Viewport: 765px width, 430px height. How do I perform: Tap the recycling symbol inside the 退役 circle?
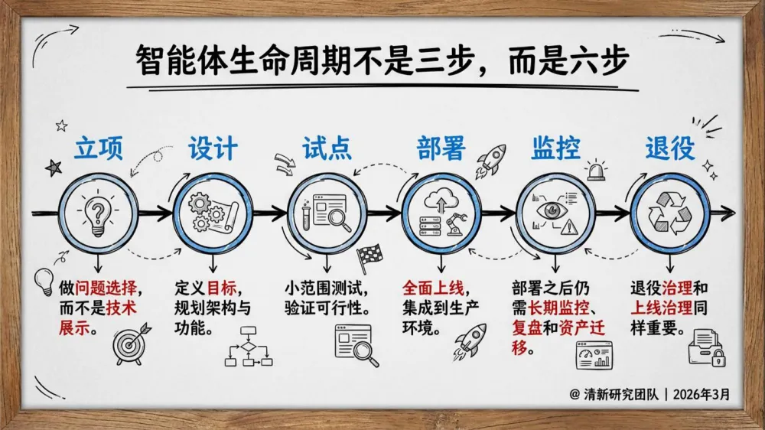pos(669,212)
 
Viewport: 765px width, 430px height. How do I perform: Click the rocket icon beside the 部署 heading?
pos(492,158)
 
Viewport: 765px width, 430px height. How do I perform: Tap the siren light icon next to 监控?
pos(596,170)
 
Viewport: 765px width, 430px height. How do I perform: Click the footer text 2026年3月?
pos(704,396)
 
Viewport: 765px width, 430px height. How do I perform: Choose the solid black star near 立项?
pos(54,168)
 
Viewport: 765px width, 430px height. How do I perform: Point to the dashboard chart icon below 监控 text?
pos(594,354)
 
